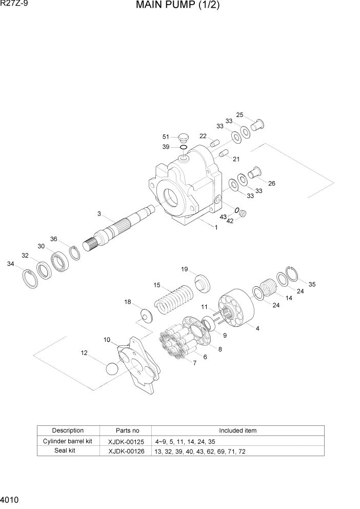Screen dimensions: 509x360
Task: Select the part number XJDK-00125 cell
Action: [x=126, y=441]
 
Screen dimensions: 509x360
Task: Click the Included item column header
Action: [x=237, y=430]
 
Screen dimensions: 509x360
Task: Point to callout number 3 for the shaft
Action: [x=99, y=213]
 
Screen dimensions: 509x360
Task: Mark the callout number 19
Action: [x=184, y=269]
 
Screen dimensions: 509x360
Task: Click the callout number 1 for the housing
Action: [x=216, y=227]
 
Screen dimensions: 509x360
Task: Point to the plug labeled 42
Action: [x=244, y=214]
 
